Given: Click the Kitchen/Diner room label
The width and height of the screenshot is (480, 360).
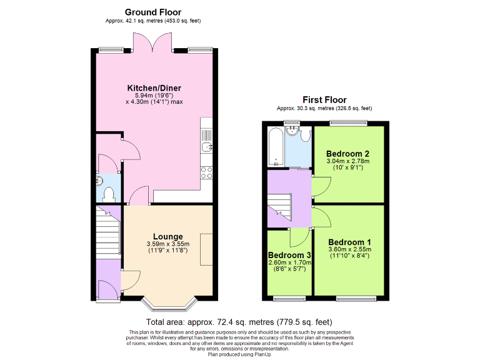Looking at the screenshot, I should pyautogui.click(x=154, y=88).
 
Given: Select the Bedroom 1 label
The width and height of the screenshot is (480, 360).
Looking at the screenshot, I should pyautogui.click(x=349, y=242).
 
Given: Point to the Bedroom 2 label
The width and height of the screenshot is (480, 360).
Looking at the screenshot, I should pyautogui.click(x=347, y=154).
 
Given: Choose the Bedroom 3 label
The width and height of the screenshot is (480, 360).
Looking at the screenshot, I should pyautogui.click(x=290, y=256).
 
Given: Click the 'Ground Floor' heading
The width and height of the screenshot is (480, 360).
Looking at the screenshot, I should pyautogui.click(x=153, y=12).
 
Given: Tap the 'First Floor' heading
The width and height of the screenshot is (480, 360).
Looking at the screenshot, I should pyautogui.click(x=324, y=100).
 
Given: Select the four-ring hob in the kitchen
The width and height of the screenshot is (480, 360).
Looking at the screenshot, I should pyautogui.click(x=207, y=172).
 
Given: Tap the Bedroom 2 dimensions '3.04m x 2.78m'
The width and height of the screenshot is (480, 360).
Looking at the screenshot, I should pyautogui.click(x=347, y=161).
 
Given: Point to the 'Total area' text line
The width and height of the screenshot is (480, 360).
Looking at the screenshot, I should pyautogui.click(x=239, y=323).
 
